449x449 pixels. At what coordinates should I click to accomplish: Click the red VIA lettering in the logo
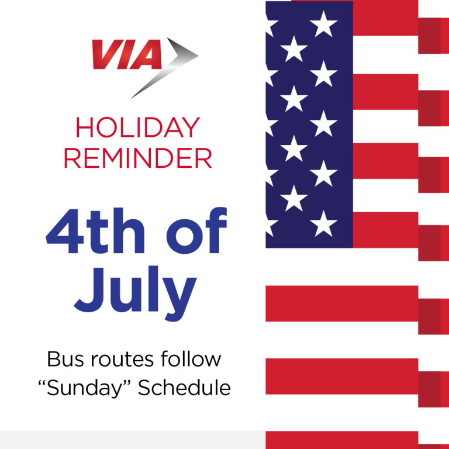click(x=126, y=55)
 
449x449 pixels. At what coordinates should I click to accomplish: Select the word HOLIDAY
click(x=137, y=128)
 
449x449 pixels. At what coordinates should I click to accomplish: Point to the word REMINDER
click(x=137, y=158)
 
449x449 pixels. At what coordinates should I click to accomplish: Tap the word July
click(x=136, y=290)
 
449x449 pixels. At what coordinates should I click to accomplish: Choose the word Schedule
click(x=185, y=388)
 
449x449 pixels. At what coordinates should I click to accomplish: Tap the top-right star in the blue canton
click(x=323, y=24)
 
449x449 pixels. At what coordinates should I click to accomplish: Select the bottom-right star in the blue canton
click(x=323, y=223)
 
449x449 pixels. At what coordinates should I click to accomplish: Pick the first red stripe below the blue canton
click(x=342, y=303)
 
